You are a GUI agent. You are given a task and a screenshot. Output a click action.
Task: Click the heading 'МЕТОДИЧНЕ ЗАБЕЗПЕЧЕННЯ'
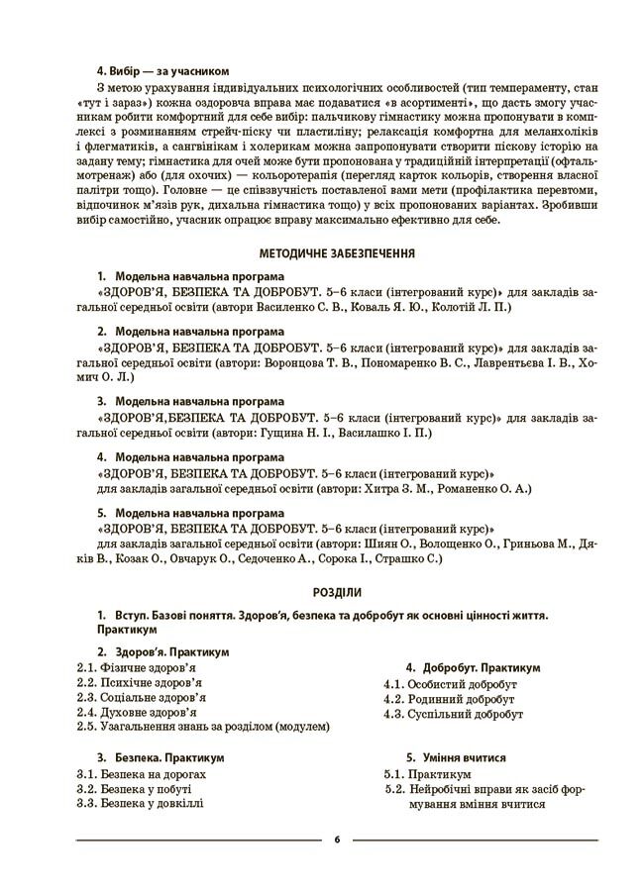click(336, 253)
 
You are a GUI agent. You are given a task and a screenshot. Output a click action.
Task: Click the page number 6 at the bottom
click(337, 840)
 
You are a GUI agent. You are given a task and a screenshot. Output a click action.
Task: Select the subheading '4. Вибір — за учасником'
click(162, 71)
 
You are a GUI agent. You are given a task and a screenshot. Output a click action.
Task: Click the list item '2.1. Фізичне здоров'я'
click(136, 667)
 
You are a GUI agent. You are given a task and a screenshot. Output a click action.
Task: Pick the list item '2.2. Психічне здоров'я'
click(139, 682)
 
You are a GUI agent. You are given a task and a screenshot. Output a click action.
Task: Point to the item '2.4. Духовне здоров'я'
click(136, 712)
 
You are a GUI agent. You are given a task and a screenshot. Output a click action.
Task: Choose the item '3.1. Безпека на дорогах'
click(141, 773)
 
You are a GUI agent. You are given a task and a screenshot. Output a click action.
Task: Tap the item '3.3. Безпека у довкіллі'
click(140, 803)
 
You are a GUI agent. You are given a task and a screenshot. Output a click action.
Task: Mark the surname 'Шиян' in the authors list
click(371, 544)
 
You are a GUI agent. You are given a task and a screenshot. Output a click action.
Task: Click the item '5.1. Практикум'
click(427, 773)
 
